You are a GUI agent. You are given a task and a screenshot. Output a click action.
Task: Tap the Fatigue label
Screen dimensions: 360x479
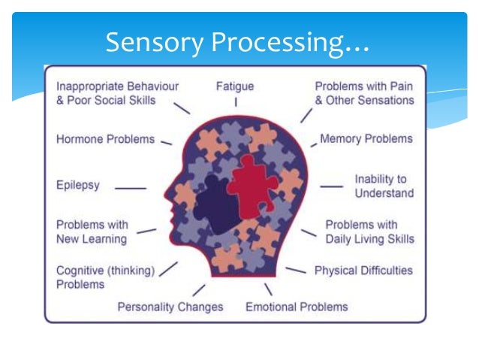[x=235, y=86]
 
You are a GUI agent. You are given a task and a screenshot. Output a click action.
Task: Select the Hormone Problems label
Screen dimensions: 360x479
[x=105, y=139]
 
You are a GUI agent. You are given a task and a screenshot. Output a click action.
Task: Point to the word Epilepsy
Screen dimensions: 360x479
[x=77, y=184]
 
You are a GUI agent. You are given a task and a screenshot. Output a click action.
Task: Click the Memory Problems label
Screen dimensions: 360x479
[x=366, y=139]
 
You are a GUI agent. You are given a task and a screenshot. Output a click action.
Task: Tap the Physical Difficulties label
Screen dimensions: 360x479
[x=363, y=270]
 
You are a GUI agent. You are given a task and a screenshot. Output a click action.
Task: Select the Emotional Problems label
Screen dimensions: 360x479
[x=297, y=307]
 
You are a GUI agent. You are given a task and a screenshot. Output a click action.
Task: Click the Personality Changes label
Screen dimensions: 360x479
[x=170, y=307]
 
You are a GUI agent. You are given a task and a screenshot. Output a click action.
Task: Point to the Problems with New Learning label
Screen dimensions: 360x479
[x=92, y=231]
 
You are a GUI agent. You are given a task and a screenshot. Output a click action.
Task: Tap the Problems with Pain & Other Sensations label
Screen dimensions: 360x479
[x=364, y=93]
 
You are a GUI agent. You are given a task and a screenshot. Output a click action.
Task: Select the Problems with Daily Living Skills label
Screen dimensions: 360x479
[x=369, y=231]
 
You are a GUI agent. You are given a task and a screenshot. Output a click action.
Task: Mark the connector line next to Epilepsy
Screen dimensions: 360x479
[x=131, y=188]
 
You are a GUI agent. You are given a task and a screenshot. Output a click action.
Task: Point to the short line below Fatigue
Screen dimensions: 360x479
[x=235, y=101]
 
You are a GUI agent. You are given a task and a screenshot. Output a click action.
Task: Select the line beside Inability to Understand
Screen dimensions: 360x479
[x=331, y=186]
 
